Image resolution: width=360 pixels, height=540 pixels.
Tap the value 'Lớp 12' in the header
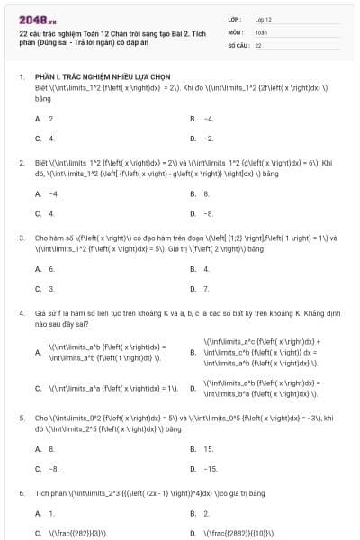263,18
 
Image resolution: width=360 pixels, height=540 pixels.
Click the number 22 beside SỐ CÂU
258,44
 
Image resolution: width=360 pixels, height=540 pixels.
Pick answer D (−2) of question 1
207,139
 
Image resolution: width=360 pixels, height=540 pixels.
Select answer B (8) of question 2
206,193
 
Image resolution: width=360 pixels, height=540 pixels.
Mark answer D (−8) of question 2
207,213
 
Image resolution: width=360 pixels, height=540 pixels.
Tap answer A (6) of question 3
50,268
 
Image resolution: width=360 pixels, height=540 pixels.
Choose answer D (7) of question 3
205,289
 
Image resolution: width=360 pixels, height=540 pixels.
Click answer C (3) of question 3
50,289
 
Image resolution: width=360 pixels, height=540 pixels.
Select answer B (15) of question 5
207,448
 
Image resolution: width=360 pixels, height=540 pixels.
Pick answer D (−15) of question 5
209,469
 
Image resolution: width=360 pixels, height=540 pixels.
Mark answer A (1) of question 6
50,513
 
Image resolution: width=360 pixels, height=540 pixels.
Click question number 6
21,494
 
